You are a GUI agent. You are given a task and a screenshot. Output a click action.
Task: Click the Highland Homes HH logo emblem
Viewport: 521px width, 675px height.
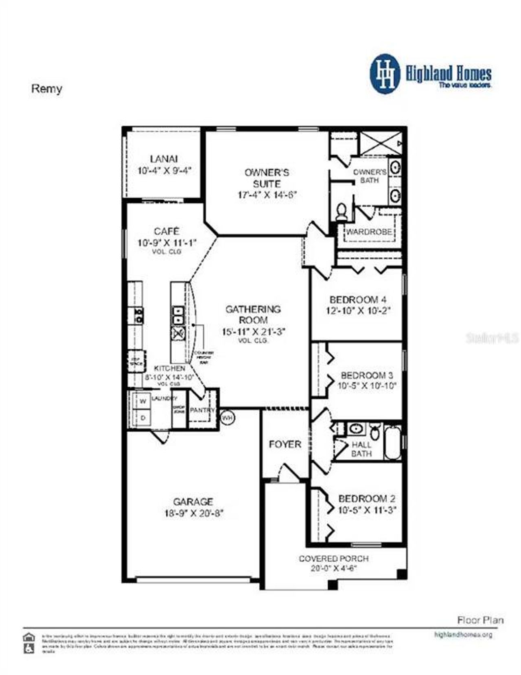tap(385, 74)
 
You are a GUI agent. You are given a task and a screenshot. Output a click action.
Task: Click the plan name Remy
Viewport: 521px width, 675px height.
tap(46, 89)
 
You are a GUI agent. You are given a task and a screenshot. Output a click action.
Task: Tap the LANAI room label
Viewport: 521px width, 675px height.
tap(164, 159)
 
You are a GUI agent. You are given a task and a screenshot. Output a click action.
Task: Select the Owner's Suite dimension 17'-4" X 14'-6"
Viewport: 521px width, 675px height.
tap(267, 195)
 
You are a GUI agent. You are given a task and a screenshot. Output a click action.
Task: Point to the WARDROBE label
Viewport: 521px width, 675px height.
tap(369, 232)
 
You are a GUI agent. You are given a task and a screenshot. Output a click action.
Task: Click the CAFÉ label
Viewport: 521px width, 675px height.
tap(166, 231)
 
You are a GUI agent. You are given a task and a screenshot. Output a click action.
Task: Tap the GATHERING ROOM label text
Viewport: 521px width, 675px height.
tap(253, 314)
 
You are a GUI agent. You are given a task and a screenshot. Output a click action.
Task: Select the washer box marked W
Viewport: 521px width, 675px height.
tap(143, 401)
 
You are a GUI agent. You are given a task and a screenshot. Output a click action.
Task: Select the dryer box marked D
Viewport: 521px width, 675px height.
tap(143, 418)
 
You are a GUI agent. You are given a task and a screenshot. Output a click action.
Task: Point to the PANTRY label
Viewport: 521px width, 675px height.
tap(202, 410)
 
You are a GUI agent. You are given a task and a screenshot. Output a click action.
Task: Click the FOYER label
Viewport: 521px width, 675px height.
tap(285, 444)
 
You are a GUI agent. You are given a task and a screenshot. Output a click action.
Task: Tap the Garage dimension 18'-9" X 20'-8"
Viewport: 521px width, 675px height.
tap(193, 513)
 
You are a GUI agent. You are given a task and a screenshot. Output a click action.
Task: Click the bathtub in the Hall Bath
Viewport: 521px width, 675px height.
tap(393, 442)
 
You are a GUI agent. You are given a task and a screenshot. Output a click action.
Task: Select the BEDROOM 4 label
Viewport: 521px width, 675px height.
tap(358, 300)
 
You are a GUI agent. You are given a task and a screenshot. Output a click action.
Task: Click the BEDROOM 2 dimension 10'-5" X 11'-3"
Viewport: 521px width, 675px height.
tap(367, 510)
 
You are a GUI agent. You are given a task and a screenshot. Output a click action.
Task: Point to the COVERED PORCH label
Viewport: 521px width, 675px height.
tap(334, 559)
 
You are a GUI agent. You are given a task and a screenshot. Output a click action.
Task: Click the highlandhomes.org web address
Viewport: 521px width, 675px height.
tap(463, 634)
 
